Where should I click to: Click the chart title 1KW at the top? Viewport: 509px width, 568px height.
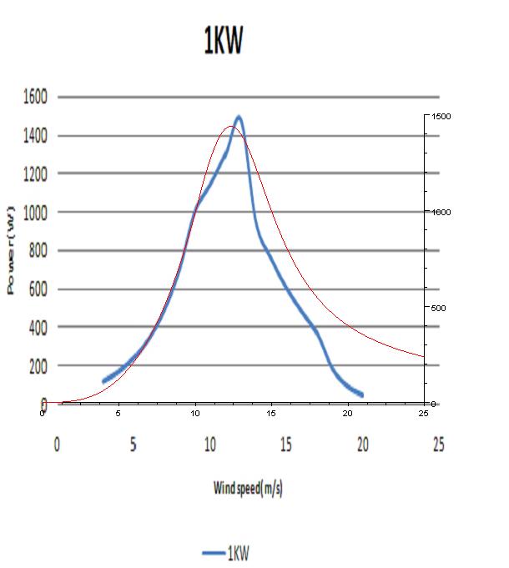(223, 42)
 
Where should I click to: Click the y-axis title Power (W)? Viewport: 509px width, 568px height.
(13, 250)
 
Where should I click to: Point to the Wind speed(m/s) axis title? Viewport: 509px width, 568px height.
(248, 489)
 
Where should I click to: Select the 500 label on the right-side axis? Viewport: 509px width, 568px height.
(437, 309)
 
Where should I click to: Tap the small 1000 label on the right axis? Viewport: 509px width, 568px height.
(440, 213)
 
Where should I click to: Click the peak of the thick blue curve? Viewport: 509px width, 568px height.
(239, 118)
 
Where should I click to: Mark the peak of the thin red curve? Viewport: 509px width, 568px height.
(229, 127)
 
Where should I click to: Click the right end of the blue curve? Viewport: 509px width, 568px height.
(361, 395)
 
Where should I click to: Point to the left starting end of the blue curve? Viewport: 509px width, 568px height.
(103, 381)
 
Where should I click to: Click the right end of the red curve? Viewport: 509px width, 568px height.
(424, 356)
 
